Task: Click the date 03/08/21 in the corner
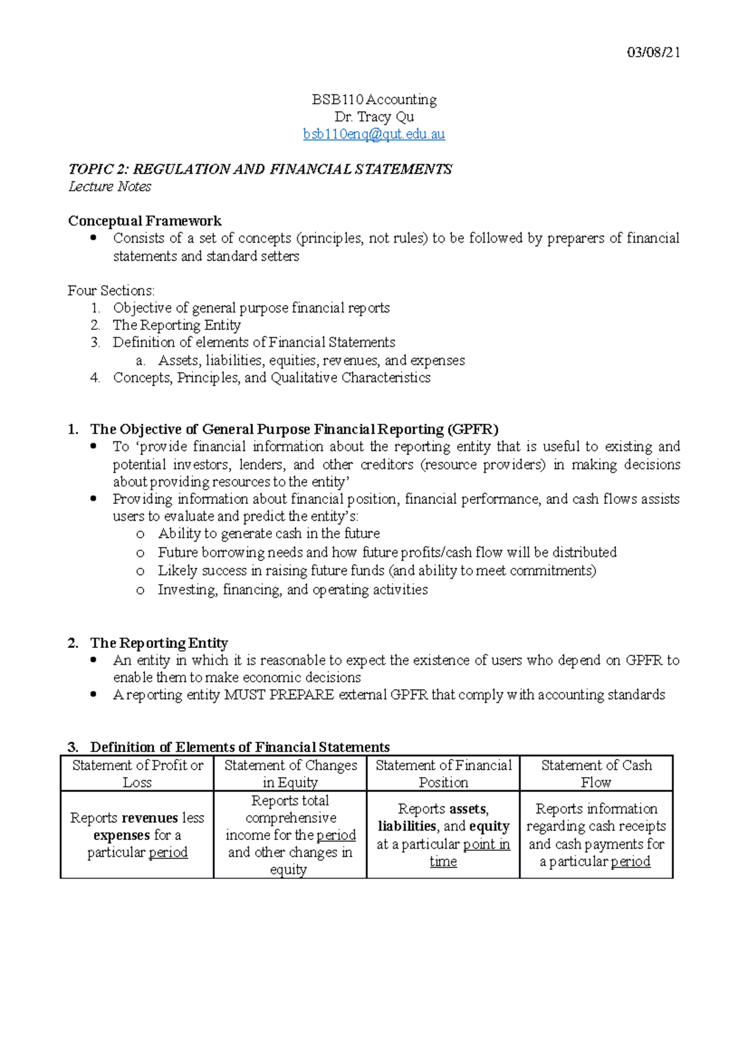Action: tap(653, 52)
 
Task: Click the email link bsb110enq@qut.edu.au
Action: tap(374, 134)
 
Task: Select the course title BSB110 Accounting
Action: tap(374, 100)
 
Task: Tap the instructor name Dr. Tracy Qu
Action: tap(374, 117)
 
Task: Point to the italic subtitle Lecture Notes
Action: tap(110, 186)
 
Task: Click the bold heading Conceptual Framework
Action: tap(145, 221)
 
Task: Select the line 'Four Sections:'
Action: tap(111, 291)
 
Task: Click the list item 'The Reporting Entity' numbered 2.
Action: tap(176, 325)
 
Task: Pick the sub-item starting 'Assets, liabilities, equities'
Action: tap(311, 360)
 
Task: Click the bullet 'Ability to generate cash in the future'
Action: tap(269, 533)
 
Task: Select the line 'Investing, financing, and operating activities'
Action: tap(292, 589)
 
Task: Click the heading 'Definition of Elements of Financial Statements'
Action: tap(240, 747)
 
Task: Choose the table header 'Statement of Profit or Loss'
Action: tap(137, 773)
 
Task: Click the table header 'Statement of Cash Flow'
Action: tap(597, 773)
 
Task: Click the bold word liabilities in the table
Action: tap(407, 826)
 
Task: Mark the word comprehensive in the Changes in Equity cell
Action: tap(290, 818)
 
